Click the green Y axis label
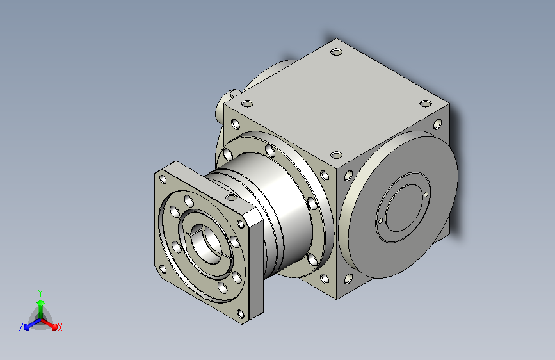pyautogui.click(x=40, y=293)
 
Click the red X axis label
pyautogui.click(x=60, y=327)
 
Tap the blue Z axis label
pyautogui.click(x=21, y=327)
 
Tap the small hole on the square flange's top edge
pyautogui.click(x=231, y=197)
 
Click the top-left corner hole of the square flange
pyautogui.click(x=163, y=179)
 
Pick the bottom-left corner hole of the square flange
pyautogui.click(x=163, y=270)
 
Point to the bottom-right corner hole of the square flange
pyautogui.click(x=240, y=314)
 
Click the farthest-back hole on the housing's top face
pyautogui.click(x=336, y=53)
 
